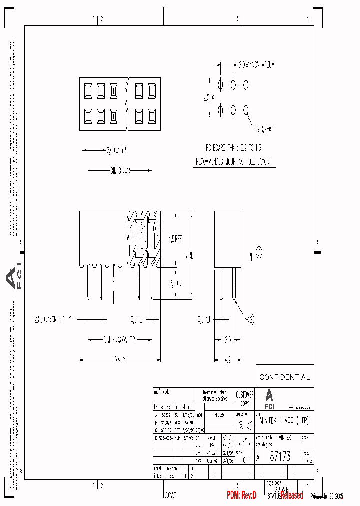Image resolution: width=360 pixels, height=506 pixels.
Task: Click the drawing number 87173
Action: tap(280, 457)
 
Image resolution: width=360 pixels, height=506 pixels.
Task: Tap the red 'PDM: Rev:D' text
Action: tap(241, 495)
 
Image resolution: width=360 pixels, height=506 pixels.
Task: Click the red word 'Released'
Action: tap(291, 495)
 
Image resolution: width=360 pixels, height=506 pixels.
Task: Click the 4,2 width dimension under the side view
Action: tap(228, 358)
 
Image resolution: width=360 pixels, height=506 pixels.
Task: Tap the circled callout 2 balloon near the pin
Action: tap(251, 317)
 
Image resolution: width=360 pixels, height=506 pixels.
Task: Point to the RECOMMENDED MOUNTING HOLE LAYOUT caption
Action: tap(235, 162)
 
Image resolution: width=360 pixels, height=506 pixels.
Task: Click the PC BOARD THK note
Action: tap(234, 148)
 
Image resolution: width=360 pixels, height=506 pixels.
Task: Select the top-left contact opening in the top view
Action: tap(88, 90)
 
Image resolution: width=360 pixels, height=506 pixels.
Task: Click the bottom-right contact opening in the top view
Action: tap(151, 115)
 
